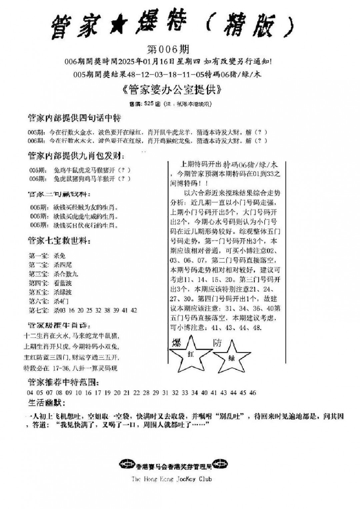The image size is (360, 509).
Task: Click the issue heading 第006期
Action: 168,49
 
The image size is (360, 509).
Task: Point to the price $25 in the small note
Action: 149,104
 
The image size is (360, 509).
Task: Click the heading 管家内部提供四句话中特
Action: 74,118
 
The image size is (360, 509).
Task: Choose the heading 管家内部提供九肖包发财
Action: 76,155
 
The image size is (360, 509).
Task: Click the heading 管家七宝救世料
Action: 59,241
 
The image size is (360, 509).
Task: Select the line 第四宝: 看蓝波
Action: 50,283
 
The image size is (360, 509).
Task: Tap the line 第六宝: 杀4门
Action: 49,301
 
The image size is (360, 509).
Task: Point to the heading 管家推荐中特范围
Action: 63,382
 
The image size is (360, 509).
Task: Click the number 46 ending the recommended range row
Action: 252,393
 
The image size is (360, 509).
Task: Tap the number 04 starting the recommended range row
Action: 30,393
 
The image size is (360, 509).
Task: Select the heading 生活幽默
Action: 45,403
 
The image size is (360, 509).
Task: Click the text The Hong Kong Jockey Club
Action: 171,479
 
